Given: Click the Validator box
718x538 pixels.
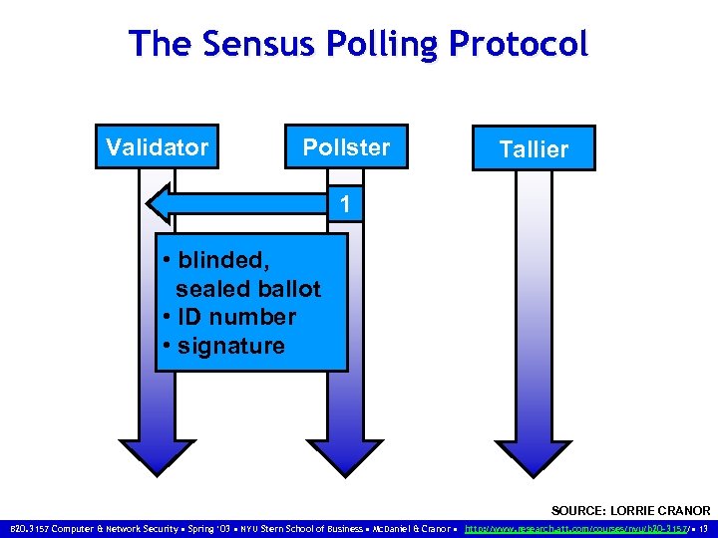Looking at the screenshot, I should pos(158,147).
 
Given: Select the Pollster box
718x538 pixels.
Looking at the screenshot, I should pos(346,147).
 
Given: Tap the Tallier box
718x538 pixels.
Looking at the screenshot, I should pos(534,149).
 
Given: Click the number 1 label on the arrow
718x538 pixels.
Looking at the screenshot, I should pos(344,205).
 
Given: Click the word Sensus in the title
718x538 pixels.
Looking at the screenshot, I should pos(242,44).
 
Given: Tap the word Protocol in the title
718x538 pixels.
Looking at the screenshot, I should pos(519,44).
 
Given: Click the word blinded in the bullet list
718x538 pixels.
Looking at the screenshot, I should pos(223,260).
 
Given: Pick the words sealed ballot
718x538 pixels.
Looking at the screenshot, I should pos(248,289).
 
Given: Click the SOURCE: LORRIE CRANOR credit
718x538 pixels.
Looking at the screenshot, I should pos(630,510).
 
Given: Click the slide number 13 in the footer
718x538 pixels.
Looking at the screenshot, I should pos(704,528).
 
